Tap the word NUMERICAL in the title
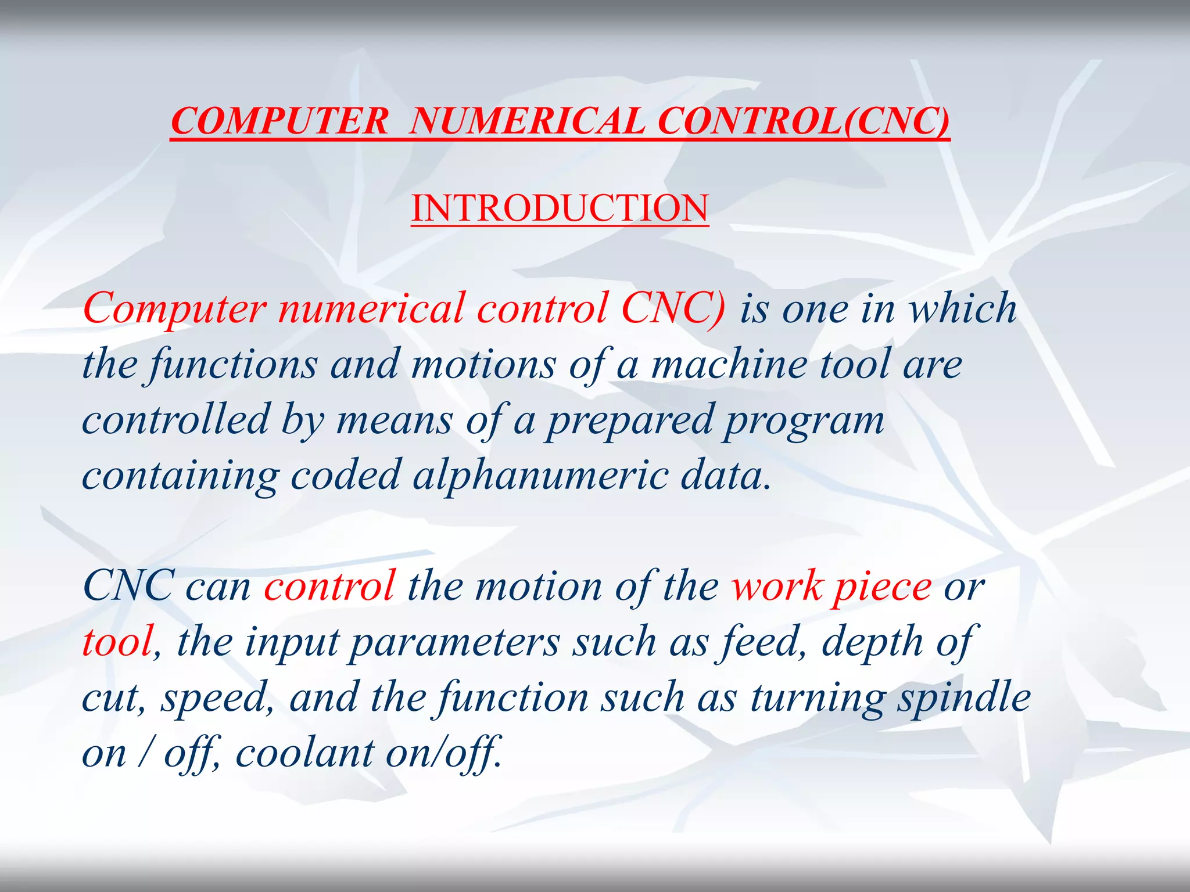tap(526, 121)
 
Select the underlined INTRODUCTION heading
tap(560, 208)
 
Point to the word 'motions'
tap(483, 365)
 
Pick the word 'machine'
tap(729, 365)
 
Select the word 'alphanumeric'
tap(540, 476)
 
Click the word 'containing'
tap(180, 476)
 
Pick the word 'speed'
tap(213, 699)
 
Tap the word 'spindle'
tap(964, 697)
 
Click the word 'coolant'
tap(304, 753)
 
